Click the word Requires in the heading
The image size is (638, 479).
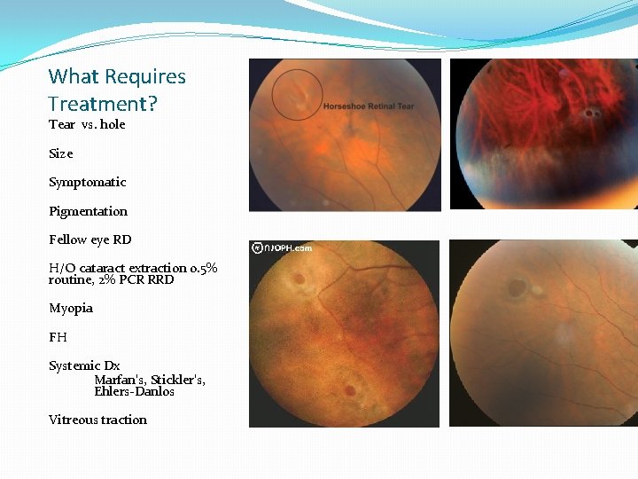pos(144,77)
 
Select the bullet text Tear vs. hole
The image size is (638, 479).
pos(87,125)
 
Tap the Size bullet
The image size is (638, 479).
pos(61,153)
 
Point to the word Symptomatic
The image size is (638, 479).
pos(88,183)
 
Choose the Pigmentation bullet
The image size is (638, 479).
pos(88,211)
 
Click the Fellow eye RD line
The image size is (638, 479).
pos(90,239)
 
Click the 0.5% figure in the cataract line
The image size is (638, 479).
pos(204,268)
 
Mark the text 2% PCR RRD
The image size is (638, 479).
pos(136,280)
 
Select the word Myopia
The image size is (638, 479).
pos(71,309)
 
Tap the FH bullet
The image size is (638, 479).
pos(58,337)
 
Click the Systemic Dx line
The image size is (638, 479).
pos(84,366)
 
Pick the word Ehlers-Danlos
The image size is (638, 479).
pos(134,392)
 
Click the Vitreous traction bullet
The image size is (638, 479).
pos(97,420)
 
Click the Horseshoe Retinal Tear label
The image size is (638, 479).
pos(369,106)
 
